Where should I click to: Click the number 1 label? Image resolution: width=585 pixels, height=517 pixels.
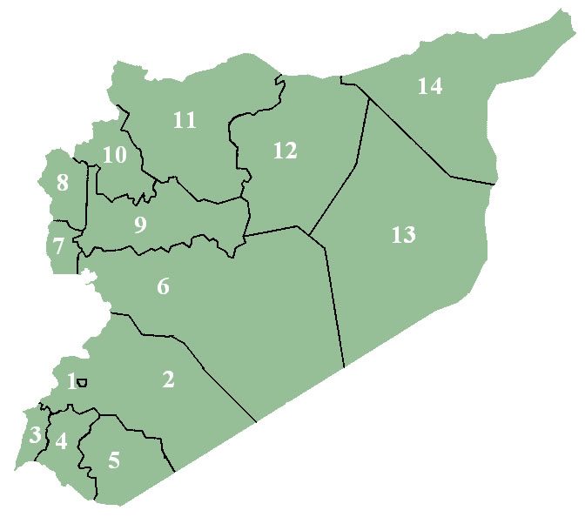point(71,380)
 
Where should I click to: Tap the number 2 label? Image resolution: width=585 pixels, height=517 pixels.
point(168,379)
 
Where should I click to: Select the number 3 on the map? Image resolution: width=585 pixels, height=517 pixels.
point(34,434)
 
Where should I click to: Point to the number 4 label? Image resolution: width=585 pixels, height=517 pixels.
point(60,441)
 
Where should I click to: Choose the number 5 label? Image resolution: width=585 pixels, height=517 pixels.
point(114,460)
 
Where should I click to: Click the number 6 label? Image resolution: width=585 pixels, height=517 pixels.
point(163,285)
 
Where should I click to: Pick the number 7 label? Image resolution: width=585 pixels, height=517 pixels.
point(57,246)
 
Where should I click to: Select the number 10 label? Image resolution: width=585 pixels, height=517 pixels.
point(114,155)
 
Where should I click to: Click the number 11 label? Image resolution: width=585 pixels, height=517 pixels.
point(184,120)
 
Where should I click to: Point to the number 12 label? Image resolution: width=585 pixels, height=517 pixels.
point(285,151)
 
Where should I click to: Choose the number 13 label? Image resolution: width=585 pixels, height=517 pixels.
point(403,234)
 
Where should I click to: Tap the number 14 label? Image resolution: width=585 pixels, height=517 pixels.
point(429,86)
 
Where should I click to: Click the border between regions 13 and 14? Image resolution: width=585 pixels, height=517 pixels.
point(409,136)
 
